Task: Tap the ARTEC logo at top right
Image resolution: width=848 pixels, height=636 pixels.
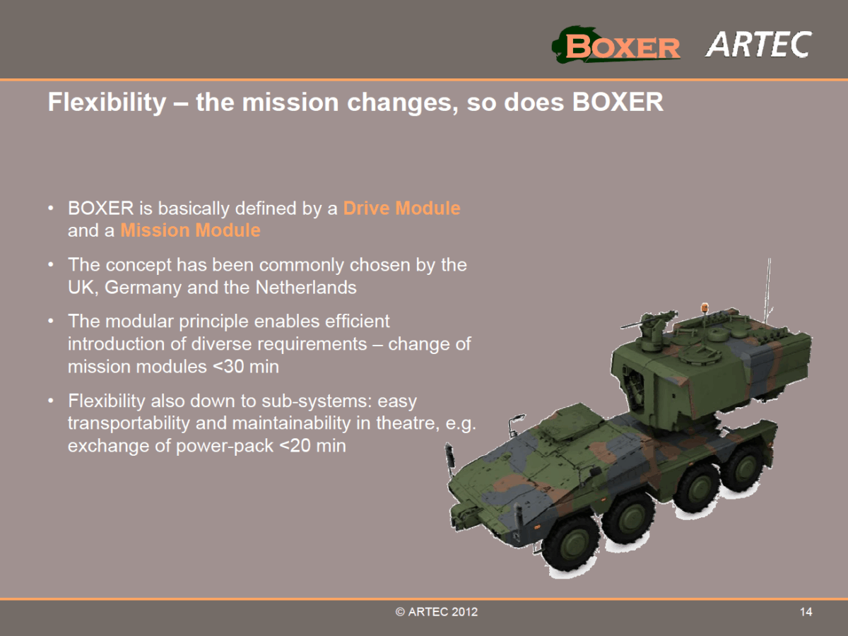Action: pos(758,45)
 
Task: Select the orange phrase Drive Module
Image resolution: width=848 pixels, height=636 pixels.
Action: pos(401,208)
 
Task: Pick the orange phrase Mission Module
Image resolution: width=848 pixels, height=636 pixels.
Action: pos(190,230)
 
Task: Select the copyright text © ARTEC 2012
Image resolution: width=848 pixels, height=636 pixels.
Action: pos(437,612)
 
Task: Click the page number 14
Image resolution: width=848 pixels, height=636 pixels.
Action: pos(806,612)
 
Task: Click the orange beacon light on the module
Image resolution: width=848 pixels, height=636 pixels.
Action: pos(704,309)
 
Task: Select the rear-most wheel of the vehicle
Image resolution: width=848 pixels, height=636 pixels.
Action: pos(742,468)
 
